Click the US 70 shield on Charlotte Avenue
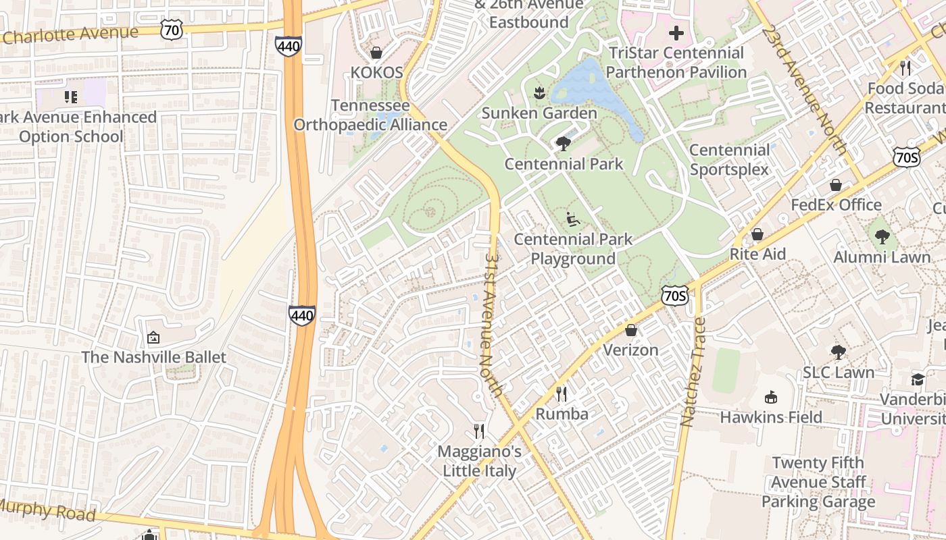tap(172, 28)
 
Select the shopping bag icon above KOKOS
tap(376, 53)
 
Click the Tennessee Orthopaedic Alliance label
tap(370, 115)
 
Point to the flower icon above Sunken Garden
tap(539, 93)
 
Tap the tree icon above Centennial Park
tap(562, 144)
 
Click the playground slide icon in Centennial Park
tap(572, 219)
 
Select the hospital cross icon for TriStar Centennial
tap(676, 32)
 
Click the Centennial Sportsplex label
tap(729, 159)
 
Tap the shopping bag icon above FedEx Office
tap(836, 185)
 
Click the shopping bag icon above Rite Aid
tap(757, 234)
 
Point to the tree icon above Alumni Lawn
tap(882, 237)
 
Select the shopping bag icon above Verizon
tap(630, 330)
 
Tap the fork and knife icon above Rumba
tap(562, 394)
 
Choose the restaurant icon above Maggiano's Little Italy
tap(479, 431)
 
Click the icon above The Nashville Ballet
tap(153, 337)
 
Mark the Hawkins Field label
tap(771, 417)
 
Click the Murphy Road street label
tap(47, 510)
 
